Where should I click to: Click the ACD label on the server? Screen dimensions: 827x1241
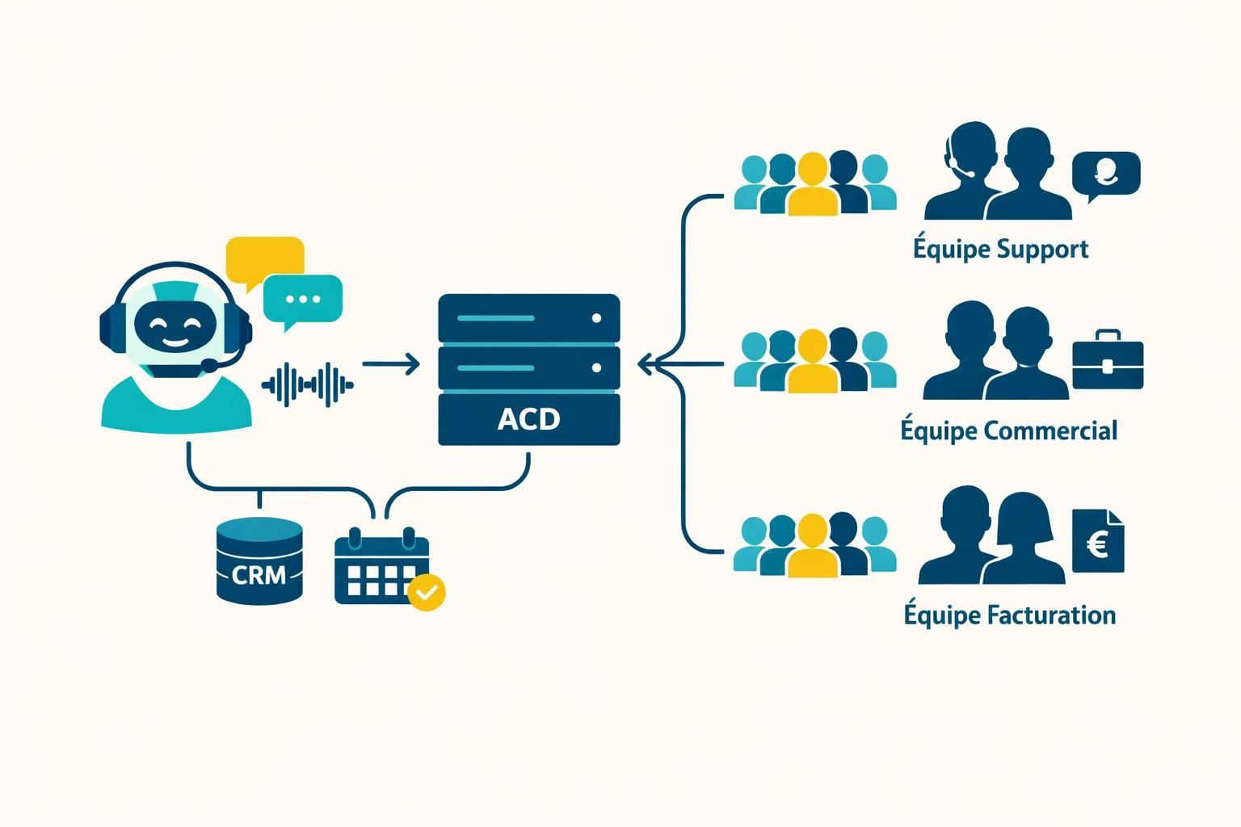528,419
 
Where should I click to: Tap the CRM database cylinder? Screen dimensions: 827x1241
259,561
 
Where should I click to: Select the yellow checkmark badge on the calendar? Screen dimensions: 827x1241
427,593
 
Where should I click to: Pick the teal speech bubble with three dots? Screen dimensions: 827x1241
303,299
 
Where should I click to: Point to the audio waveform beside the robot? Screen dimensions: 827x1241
308,384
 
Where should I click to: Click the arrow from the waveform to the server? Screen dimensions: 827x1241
391,364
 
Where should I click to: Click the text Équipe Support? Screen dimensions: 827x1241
1000,249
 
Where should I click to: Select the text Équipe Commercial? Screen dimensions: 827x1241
1008,430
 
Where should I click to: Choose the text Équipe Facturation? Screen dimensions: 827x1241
1009,615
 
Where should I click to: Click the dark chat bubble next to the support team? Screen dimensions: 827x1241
1105,173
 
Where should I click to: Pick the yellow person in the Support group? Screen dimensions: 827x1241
813,186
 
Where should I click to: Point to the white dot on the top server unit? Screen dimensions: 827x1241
596,318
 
